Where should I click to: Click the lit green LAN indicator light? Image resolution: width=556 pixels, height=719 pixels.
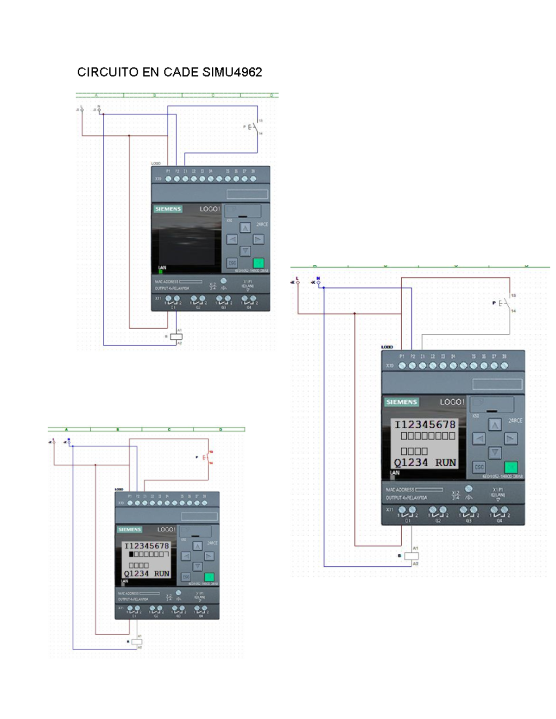coord(161,272)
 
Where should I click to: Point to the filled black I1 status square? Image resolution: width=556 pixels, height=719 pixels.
coord(131,554)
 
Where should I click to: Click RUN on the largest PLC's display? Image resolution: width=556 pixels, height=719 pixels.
coord(445,463)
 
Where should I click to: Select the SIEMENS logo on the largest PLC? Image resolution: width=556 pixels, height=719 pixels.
coord(402,402)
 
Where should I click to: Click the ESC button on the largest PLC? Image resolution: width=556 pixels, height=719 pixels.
coord(479,467)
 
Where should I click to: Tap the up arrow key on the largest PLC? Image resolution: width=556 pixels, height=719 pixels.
coord(495,425)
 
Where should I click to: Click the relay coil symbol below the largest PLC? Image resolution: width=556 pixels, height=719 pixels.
coord(411,556)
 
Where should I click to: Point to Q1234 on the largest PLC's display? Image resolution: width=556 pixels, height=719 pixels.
coord(411,463)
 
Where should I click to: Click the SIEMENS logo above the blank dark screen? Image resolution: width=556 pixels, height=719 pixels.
coord(168,209)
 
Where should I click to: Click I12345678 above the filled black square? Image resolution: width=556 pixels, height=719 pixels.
coord(146,546)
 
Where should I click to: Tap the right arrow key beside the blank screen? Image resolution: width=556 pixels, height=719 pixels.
coord(258,239)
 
